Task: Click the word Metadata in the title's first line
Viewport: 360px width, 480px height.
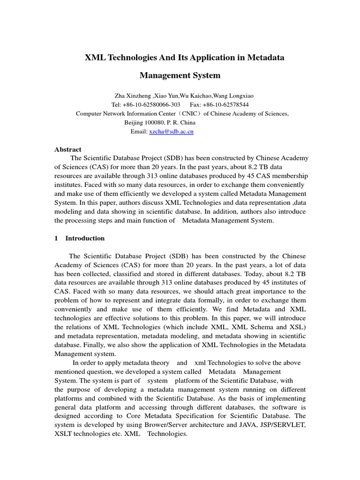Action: point(263,58)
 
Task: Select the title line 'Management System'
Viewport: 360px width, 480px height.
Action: point(180,75)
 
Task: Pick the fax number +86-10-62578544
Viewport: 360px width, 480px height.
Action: point(225,105)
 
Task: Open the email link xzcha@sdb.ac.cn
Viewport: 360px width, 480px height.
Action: point(171,132)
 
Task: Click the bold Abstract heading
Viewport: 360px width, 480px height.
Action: point(68,150)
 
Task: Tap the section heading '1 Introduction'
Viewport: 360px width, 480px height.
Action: point(80,238)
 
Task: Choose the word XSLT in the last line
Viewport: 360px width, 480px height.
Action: point(64,434)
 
